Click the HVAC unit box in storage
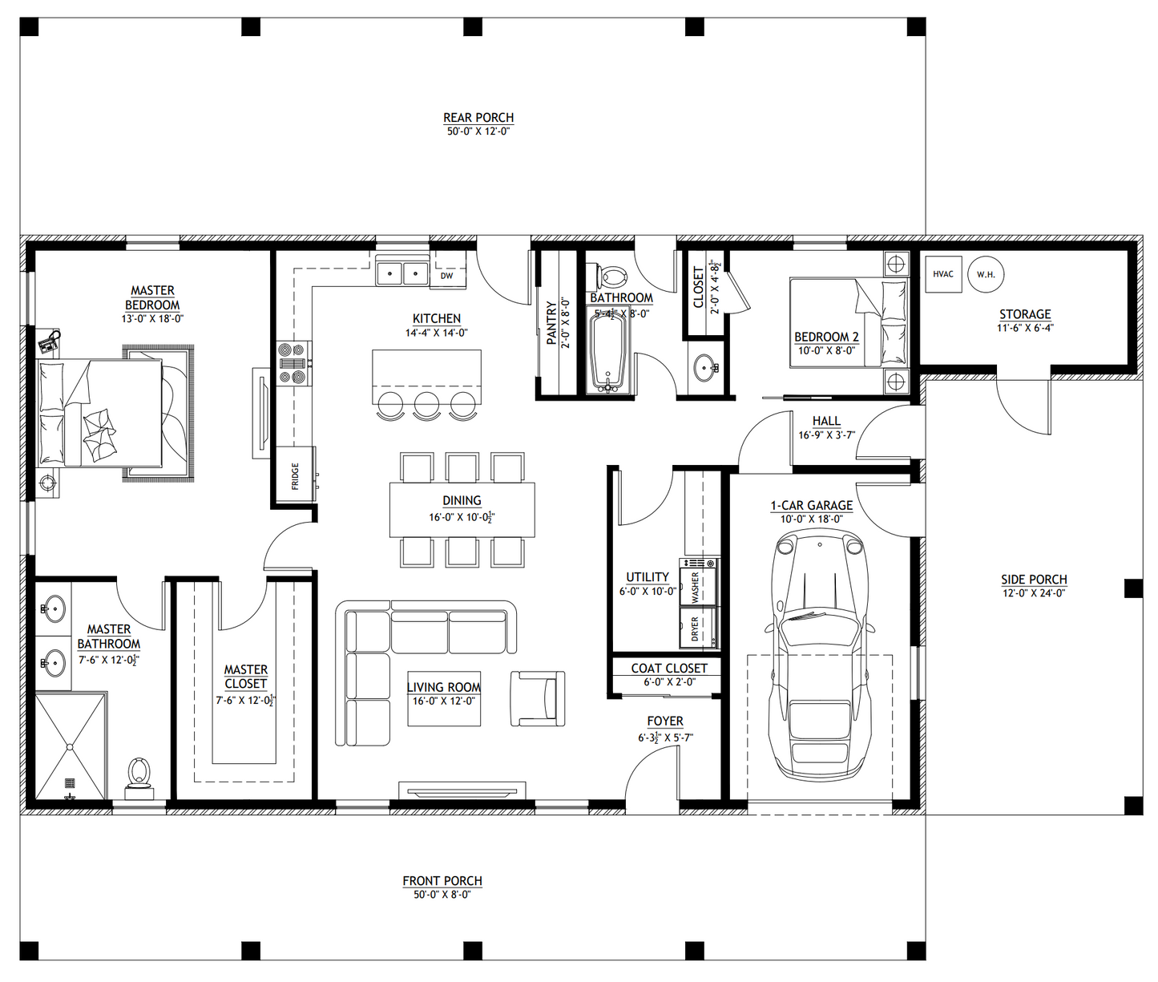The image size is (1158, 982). [943, 274]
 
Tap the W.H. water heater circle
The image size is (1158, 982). [986, 274]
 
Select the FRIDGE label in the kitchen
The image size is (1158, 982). [296, 475]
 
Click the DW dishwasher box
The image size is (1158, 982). [447, 276]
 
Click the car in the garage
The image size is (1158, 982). [819, 653]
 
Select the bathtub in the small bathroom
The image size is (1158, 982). [609, 353]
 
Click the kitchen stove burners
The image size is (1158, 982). [294, 363]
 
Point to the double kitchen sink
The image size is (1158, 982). [402, 273]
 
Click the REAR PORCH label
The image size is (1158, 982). [478, 118]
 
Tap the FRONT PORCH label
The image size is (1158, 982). [442, 881]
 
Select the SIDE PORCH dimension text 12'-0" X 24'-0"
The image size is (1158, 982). [1034, 593]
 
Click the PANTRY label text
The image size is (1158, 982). [551, 323]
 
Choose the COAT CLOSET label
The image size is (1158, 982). [669, 668]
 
